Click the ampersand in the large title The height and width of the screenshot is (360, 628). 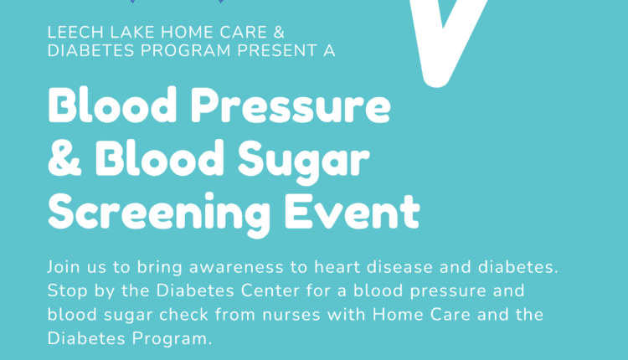[63, 160]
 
